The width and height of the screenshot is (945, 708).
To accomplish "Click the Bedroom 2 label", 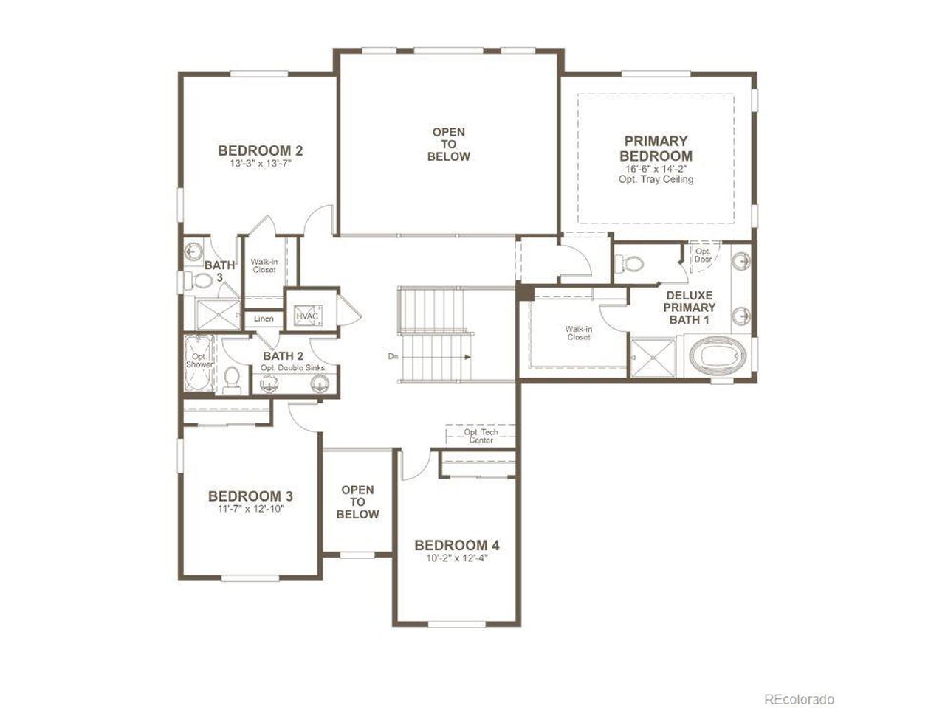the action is (x=260, y=151).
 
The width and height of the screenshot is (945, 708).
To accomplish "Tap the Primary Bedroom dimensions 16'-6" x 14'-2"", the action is (x=656, y=169).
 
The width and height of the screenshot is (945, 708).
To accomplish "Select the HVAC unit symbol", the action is (x=307, y=316).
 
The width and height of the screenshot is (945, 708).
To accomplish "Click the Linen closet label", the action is (x=264, y=319).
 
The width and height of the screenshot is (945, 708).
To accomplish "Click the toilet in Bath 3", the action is (x=199, y=281).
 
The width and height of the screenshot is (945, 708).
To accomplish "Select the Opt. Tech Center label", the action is (x=481, y=436).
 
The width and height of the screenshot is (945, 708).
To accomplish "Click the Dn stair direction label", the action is (x=393, y=356).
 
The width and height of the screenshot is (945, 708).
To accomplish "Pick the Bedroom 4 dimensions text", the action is (x=457, y=558).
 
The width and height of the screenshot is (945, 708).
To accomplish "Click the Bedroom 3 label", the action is (x=250, y=496).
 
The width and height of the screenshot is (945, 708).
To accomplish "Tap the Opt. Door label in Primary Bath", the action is (x=703, y=255).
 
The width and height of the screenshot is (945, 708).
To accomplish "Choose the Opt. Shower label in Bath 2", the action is (x=199, y=360).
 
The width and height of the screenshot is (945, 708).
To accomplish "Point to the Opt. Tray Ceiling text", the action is (x=656, y=179).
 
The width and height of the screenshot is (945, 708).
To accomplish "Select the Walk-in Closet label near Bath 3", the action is (x=264, y=265).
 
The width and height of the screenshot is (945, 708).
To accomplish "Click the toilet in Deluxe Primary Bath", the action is (x=630, y=263).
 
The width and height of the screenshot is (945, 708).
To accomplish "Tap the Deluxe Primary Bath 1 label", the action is (x=690, y=308).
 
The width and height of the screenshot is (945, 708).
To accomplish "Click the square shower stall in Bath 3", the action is (x=218, y=315).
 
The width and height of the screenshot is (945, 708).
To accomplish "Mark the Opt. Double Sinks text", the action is (x=292, y=368).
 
